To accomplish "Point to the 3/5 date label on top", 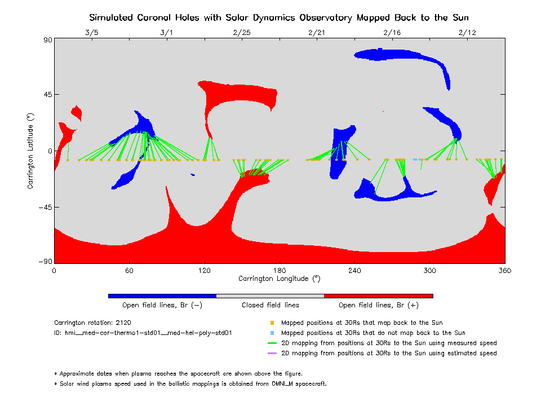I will (91, 33).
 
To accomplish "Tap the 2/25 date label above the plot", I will (242, 33).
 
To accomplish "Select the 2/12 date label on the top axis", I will (467, 33).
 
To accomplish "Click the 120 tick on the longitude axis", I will (204, 270).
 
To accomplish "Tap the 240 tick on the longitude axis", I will (354, 270).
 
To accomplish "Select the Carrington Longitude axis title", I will (279, 279).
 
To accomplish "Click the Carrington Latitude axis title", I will (31, 151).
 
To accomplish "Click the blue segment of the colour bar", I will (162, 295).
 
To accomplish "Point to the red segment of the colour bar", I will (378, 295).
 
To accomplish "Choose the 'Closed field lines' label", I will (270, 305).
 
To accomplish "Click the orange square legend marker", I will (272, 323).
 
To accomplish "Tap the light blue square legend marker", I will (272, 333).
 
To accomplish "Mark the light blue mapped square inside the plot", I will (415, 160).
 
